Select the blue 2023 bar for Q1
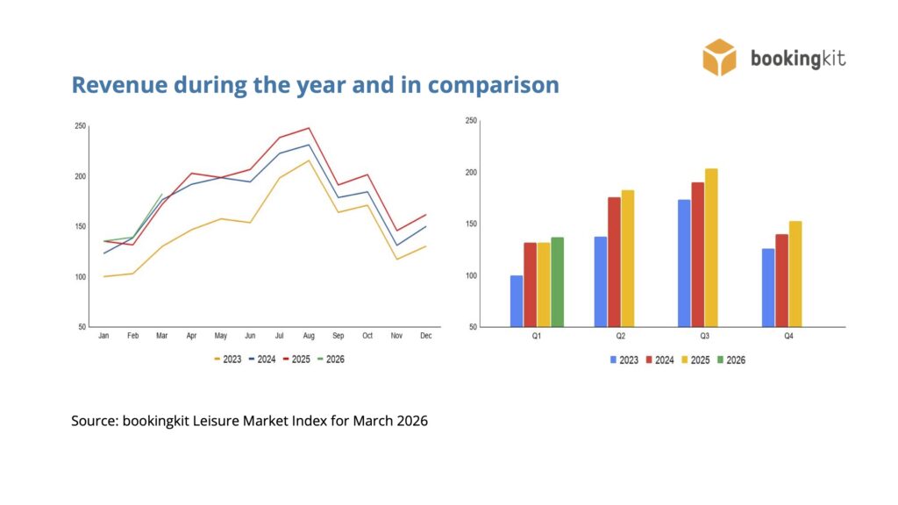(x=517, y=301)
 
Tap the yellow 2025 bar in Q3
(x=710, y=247)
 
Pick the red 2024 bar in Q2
(x=614, y=261)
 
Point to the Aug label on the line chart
(x=308, y=336)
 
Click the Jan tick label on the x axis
(x=103, y=336)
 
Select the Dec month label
(x=425, y=336)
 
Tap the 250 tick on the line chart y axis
(x=81, y=126)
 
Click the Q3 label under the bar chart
(x=704, y=336)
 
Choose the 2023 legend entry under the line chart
(x=227, y=359)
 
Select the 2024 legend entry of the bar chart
(x=659, y=359)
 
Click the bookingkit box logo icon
(x=719, y=57)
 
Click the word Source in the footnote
(x=93, y=421)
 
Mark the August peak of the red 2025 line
(x=309, y=128)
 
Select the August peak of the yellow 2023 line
(x=309, y=160)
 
